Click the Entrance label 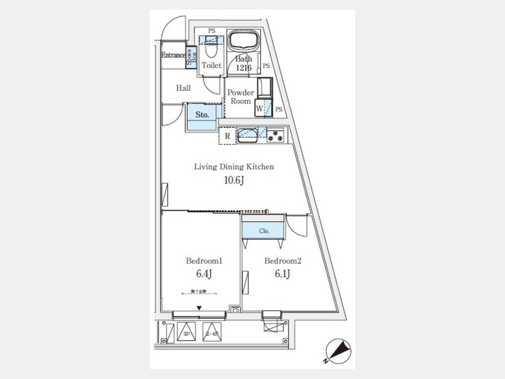click(x=173, y=55)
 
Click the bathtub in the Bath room click(x=244, y=42)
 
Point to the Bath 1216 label click(x=244, y=62)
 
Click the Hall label click(x=183, y=88)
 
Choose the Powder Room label click(x=241, y=97)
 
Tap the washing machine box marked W click(x=260, y=107)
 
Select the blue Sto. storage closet click(x=202, y=115)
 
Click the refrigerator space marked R click(x=227, y=136)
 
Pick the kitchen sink click(x=247, y=134)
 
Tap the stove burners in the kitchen click(x=276, y=135)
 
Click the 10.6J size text click(x=233, y=180)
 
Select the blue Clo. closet click(x=264, y=231)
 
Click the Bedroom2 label click(x=283, y=261)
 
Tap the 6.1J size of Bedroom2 click(x=282, y=274)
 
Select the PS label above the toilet click(x=212, y=31)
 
